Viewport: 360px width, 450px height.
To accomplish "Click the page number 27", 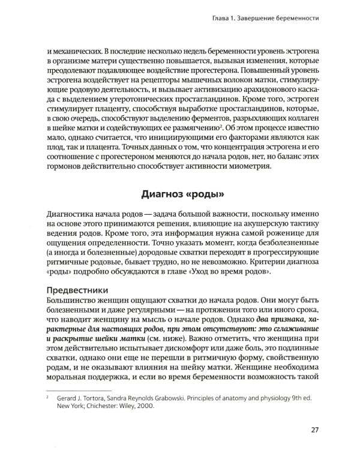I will coord(315,429).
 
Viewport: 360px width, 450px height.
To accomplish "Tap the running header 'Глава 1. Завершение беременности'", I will coord(261,19).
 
